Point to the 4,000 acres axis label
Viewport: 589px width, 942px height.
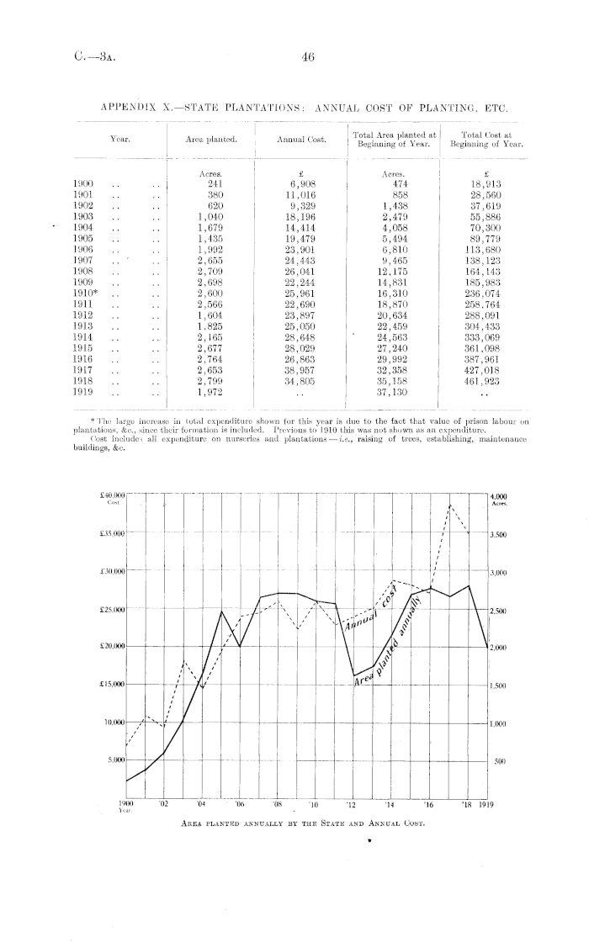[501, 496]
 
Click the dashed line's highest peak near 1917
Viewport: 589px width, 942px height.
[452, 505]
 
